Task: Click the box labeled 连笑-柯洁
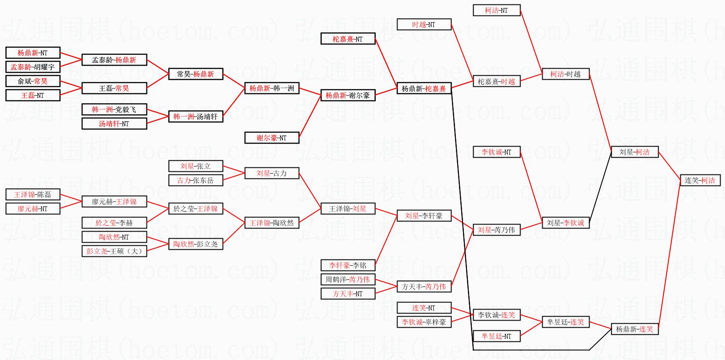700,180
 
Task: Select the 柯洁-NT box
497,10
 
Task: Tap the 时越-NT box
424,25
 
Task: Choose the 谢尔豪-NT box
272,138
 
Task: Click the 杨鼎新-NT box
33,53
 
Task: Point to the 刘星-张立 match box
196,166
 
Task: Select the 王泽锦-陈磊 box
33,194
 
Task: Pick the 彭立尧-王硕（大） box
114,251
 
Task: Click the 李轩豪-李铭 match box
348,266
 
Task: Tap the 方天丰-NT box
348,294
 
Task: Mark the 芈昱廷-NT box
497,336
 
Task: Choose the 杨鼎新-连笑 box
634,329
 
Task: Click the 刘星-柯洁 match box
634,152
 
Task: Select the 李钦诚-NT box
497,152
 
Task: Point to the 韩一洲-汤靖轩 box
196,116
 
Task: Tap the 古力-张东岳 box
196,180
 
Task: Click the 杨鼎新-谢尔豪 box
348,95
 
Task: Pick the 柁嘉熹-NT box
348,39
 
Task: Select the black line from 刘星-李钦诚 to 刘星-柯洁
600,187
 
